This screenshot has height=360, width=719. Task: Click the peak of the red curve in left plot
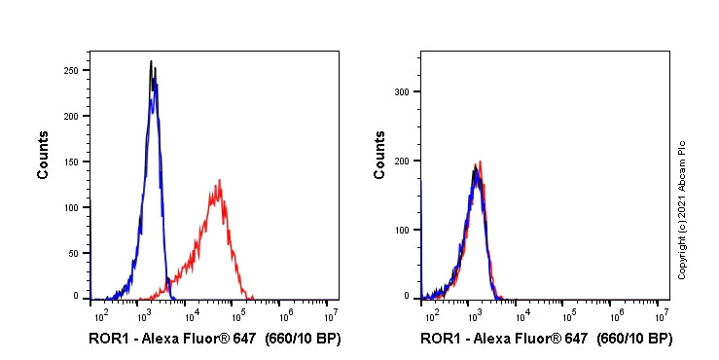[220, 181]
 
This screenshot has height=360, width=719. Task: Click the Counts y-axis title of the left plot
[44, 155]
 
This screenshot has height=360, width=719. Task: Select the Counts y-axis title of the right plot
[379, 155]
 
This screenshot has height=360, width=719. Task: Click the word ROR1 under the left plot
[106, 339]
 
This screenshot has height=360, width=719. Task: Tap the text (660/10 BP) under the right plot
[631, 339]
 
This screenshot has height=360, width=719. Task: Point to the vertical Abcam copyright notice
[682, 209]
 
